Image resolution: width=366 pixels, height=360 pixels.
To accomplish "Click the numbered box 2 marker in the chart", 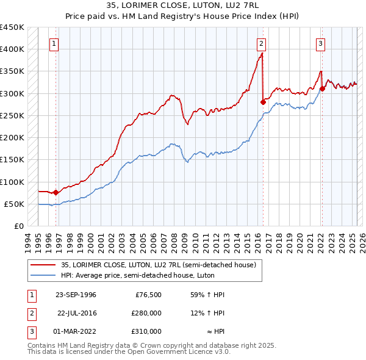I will [261, 43].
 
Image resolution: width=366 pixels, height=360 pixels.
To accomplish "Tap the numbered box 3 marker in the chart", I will [320, 43].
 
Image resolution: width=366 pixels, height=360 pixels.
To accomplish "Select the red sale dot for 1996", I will [56, 192].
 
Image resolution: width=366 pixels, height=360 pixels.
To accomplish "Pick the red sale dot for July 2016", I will [263, 102].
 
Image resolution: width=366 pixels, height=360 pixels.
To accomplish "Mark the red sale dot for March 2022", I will [322, 88].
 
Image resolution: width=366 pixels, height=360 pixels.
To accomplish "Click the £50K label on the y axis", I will [14, 204].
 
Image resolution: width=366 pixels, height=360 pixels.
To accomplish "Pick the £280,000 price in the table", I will [146, 313].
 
